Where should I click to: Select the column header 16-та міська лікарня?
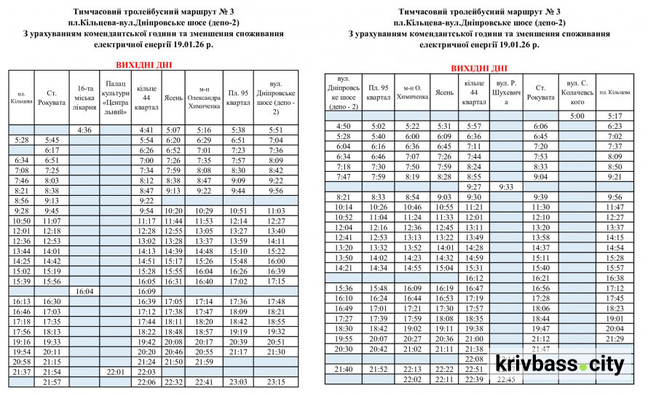point(84,98)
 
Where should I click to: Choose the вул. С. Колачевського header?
point(577,92)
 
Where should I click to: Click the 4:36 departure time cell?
point(84,130)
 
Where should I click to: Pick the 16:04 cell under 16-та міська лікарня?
point(84,291)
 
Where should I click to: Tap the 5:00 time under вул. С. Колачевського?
point(577,116)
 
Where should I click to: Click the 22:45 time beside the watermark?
point(507,379)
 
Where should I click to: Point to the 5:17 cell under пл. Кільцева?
point(615,116)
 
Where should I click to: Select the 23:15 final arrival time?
point(276,381)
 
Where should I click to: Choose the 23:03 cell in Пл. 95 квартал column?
point(239,381)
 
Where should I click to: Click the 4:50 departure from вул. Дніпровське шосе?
point(344,126)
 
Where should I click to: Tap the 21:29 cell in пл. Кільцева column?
point(615,338)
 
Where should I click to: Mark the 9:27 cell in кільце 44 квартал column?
point(474,187)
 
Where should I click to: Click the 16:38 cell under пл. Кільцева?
point(615,278)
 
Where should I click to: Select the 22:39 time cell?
point(474,379)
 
